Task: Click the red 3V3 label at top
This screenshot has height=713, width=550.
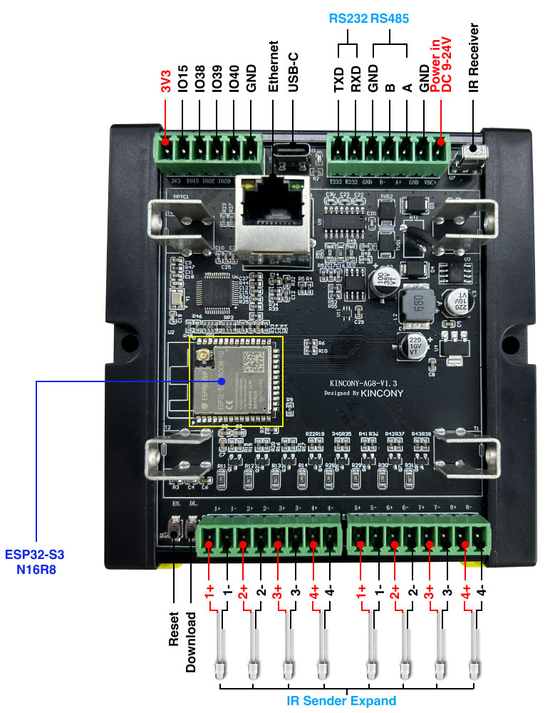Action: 165,82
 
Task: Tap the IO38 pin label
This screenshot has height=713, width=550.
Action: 200,80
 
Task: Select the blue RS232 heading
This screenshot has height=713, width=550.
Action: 347,19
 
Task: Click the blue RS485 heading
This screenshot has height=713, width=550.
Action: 390,19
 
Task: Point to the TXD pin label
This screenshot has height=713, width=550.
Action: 339,80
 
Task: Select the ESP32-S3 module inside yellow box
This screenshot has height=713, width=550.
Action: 236,382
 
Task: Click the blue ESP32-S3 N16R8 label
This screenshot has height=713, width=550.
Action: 38,561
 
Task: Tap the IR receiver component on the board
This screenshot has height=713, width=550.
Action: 472,153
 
